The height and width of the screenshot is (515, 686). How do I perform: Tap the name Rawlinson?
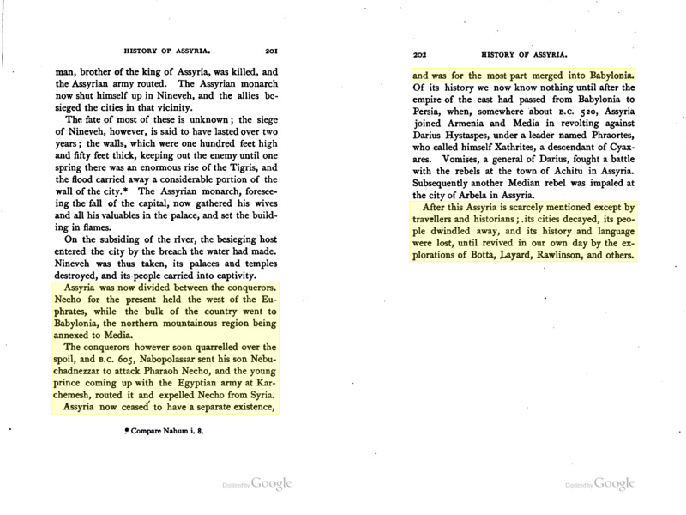(x=583, y=256)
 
